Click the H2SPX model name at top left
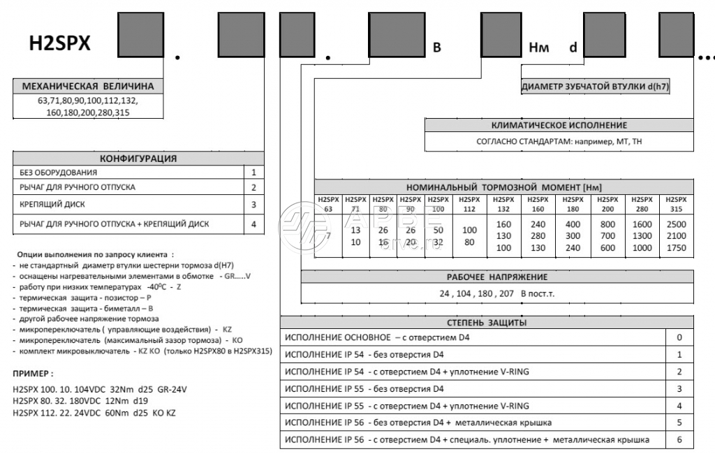(59, 44)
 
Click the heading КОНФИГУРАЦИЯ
(138, 159)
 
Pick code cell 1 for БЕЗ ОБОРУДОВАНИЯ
(254, 172)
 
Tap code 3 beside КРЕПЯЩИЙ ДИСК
(254, 205)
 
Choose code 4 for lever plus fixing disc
(254, 224)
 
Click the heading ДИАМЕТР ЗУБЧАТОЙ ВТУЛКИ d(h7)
(596, 87)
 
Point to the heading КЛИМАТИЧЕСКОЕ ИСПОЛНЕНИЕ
(559, 126)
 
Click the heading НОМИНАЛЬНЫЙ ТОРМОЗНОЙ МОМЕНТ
(504, 187)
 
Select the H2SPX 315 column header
(676, 204)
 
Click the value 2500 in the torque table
(676, 225)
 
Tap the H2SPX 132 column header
(503, 204)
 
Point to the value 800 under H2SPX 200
(607, 225)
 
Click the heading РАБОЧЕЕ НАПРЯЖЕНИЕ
(497, 277)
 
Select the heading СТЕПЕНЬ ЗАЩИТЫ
(487, 323)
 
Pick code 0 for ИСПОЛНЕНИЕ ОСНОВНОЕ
(679, 337)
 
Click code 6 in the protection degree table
(679, 440)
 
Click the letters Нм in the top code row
(540, 47)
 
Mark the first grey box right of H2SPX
(140, 35)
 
